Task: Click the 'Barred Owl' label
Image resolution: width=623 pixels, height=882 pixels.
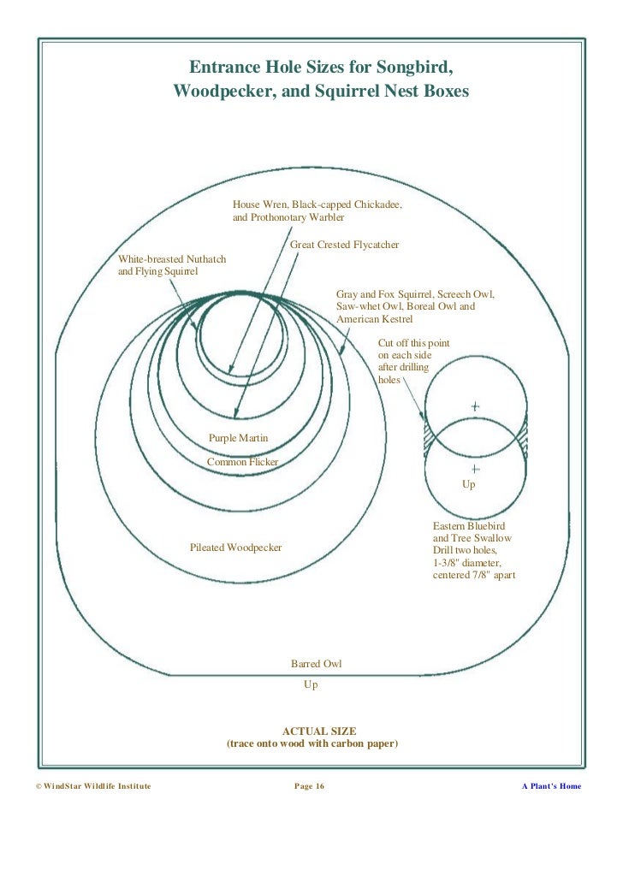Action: click(317, 664)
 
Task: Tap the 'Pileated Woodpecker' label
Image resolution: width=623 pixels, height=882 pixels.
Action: click(235, 548)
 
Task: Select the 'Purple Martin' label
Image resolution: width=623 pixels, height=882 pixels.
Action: click(239, 438)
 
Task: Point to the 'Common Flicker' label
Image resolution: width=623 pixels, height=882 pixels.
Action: click(242, 462)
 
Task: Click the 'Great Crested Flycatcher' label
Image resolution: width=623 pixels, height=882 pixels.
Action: click(345, 246)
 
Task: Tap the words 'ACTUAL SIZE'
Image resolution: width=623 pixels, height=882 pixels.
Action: click(312, 731)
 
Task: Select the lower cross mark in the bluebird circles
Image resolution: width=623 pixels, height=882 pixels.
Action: click(475, 470)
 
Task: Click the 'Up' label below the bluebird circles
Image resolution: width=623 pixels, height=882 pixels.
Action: click(468, 484)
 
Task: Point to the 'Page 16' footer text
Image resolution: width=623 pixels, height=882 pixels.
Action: click(309, 786)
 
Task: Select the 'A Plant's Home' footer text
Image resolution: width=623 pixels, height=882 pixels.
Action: click(551, 786)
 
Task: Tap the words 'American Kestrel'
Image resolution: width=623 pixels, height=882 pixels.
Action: click(374, 319)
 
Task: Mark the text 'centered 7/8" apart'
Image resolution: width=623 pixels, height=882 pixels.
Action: click(474, 576)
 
